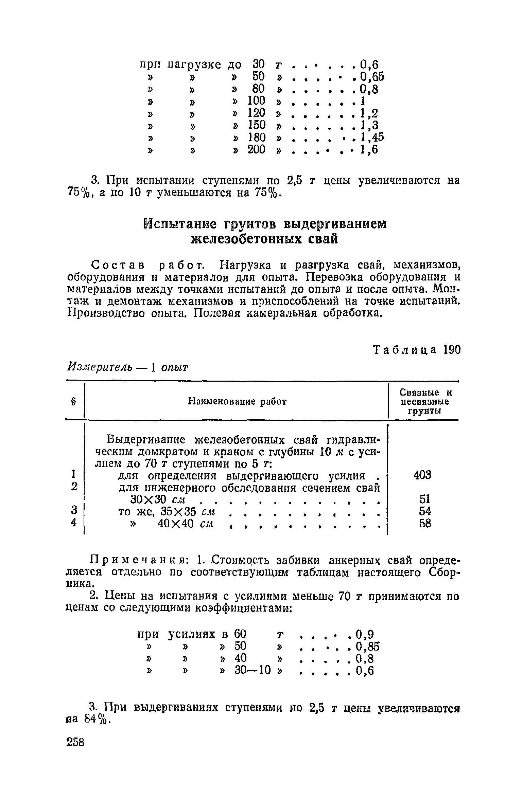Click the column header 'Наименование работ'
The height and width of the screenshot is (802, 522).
click(x=237, y=402)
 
